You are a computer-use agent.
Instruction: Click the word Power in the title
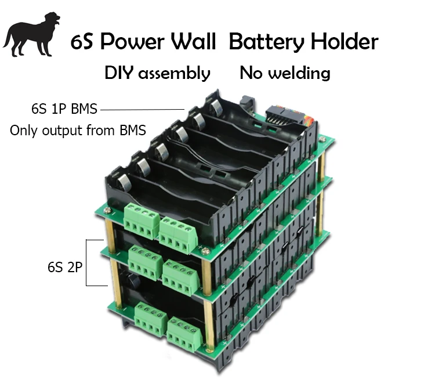pos(134,42)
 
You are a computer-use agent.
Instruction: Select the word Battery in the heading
pos(266,42)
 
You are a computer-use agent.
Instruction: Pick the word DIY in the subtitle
pos(118,73)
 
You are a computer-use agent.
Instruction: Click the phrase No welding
pos(285,73)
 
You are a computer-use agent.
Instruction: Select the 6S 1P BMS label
pos(64,109)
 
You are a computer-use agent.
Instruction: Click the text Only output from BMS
pos(78,130)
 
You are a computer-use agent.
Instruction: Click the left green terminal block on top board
pos(139,221)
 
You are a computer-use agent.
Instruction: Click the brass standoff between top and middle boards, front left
pos(110,235)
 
